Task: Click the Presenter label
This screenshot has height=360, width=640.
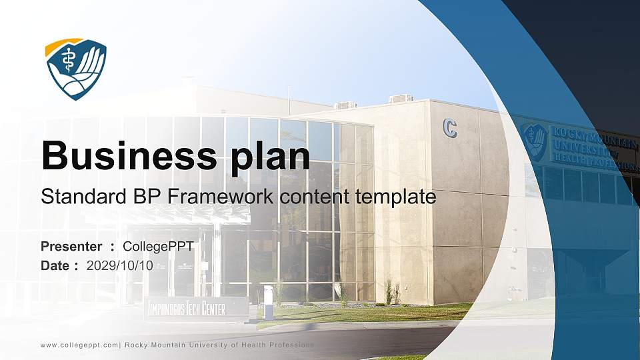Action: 71,247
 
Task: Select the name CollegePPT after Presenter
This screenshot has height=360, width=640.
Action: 159,247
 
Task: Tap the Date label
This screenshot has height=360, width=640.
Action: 55,266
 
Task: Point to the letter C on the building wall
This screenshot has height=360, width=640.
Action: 450,127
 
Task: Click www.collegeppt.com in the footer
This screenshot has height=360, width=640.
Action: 79,345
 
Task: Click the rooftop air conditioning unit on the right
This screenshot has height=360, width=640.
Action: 401,99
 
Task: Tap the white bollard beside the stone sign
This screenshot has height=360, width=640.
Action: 268,303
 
